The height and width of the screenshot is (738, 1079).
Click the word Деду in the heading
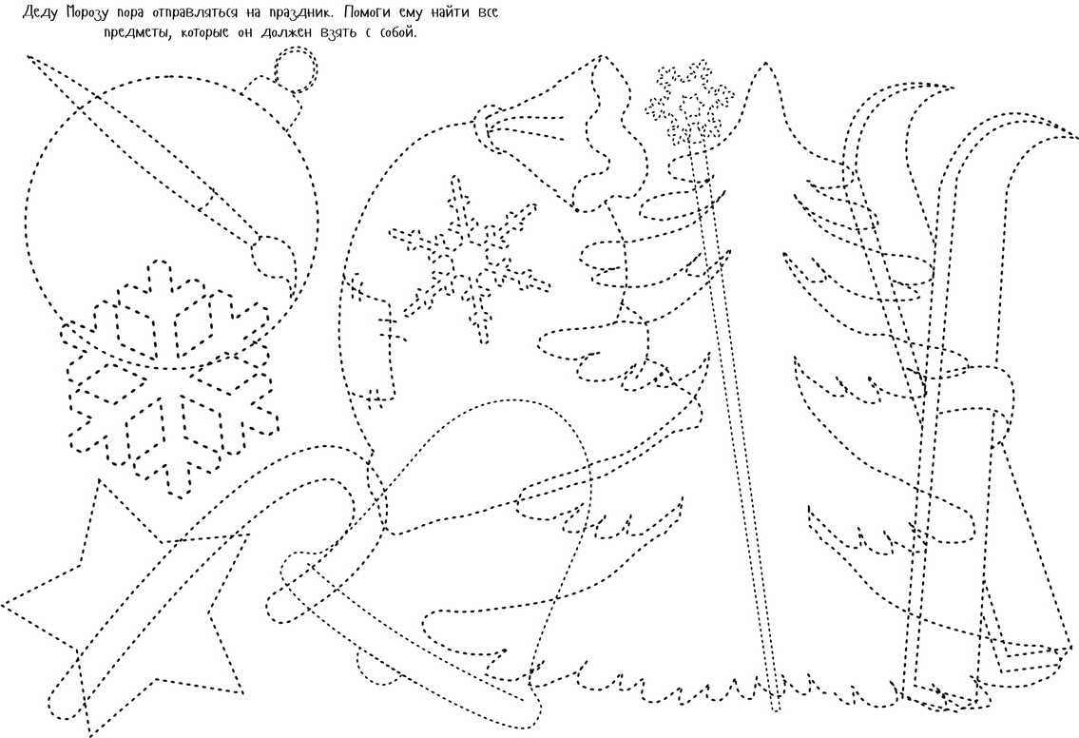42,13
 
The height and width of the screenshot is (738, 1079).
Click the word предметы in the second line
138,32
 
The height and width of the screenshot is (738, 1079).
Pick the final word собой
398,32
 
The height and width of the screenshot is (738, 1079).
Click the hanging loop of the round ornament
297,68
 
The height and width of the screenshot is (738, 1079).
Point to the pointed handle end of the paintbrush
31,58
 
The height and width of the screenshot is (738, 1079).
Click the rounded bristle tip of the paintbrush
272,258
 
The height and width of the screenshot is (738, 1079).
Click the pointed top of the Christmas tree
764,64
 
